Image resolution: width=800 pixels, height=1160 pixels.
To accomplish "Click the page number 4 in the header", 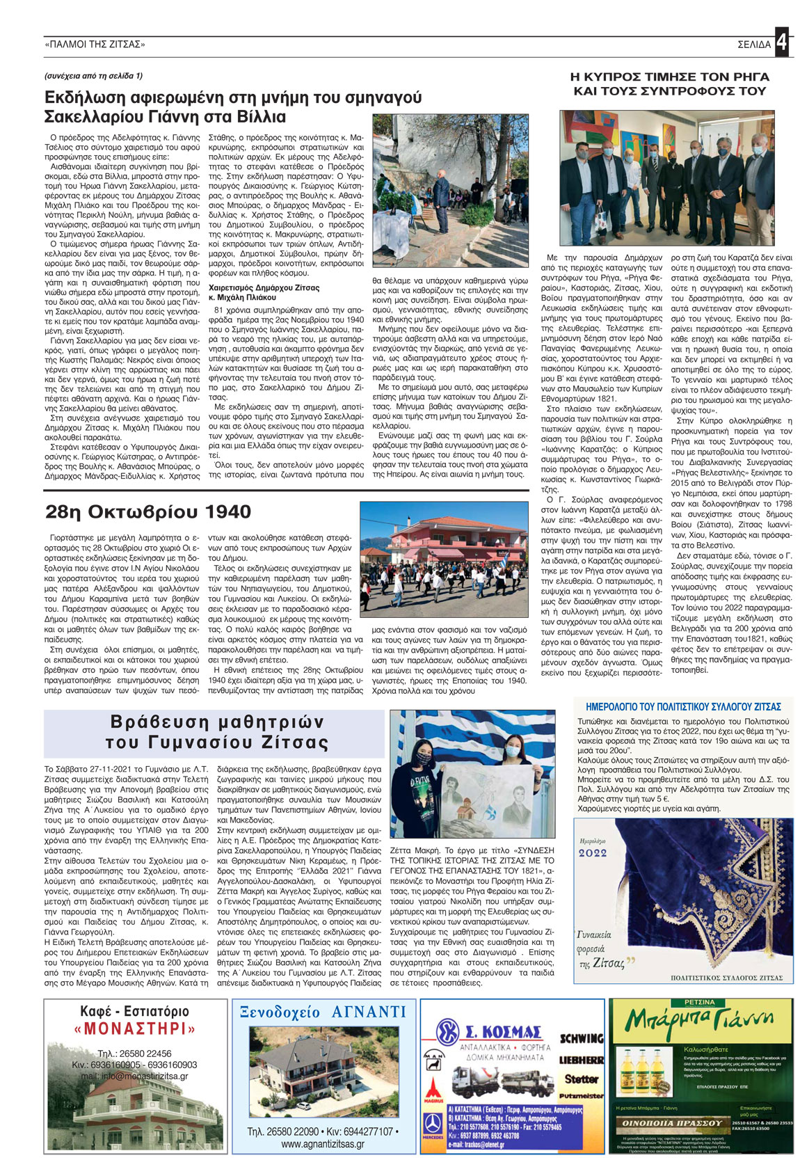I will (x=783, y=43).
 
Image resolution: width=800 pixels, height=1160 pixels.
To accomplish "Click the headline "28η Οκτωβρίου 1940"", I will (x=148, y=512).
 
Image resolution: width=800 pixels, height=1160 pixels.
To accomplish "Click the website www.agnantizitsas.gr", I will (x=323, y=1143).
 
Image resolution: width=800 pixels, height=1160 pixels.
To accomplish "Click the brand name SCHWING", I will (x=582, y=1039).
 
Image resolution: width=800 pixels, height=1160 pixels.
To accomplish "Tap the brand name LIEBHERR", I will (x=581, y=1060).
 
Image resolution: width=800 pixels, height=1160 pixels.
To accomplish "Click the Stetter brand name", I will (x=582, y=1079).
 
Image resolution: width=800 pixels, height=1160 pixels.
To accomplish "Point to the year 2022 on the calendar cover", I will (x=593, y=852).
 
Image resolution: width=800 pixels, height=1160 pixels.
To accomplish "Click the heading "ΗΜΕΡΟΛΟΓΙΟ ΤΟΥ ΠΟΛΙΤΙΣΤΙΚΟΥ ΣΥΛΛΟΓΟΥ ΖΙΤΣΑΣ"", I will (x=684, y=706).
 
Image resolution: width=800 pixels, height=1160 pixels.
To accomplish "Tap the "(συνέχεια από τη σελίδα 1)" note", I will (x=93, y=76).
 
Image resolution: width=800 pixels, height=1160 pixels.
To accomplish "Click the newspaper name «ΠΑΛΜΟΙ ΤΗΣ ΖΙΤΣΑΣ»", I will (x=95, y=45).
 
